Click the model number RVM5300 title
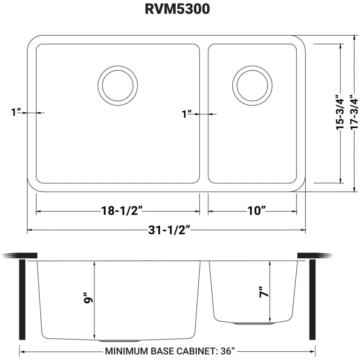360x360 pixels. point(177,10)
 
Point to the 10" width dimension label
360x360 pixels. point(256,211)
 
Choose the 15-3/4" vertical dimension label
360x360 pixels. point(340,112)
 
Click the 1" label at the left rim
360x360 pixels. point(16,112)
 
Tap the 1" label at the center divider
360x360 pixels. point(186,114)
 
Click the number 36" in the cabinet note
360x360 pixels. point(226,352)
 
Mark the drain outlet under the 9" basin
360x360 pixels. point(119,341)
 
